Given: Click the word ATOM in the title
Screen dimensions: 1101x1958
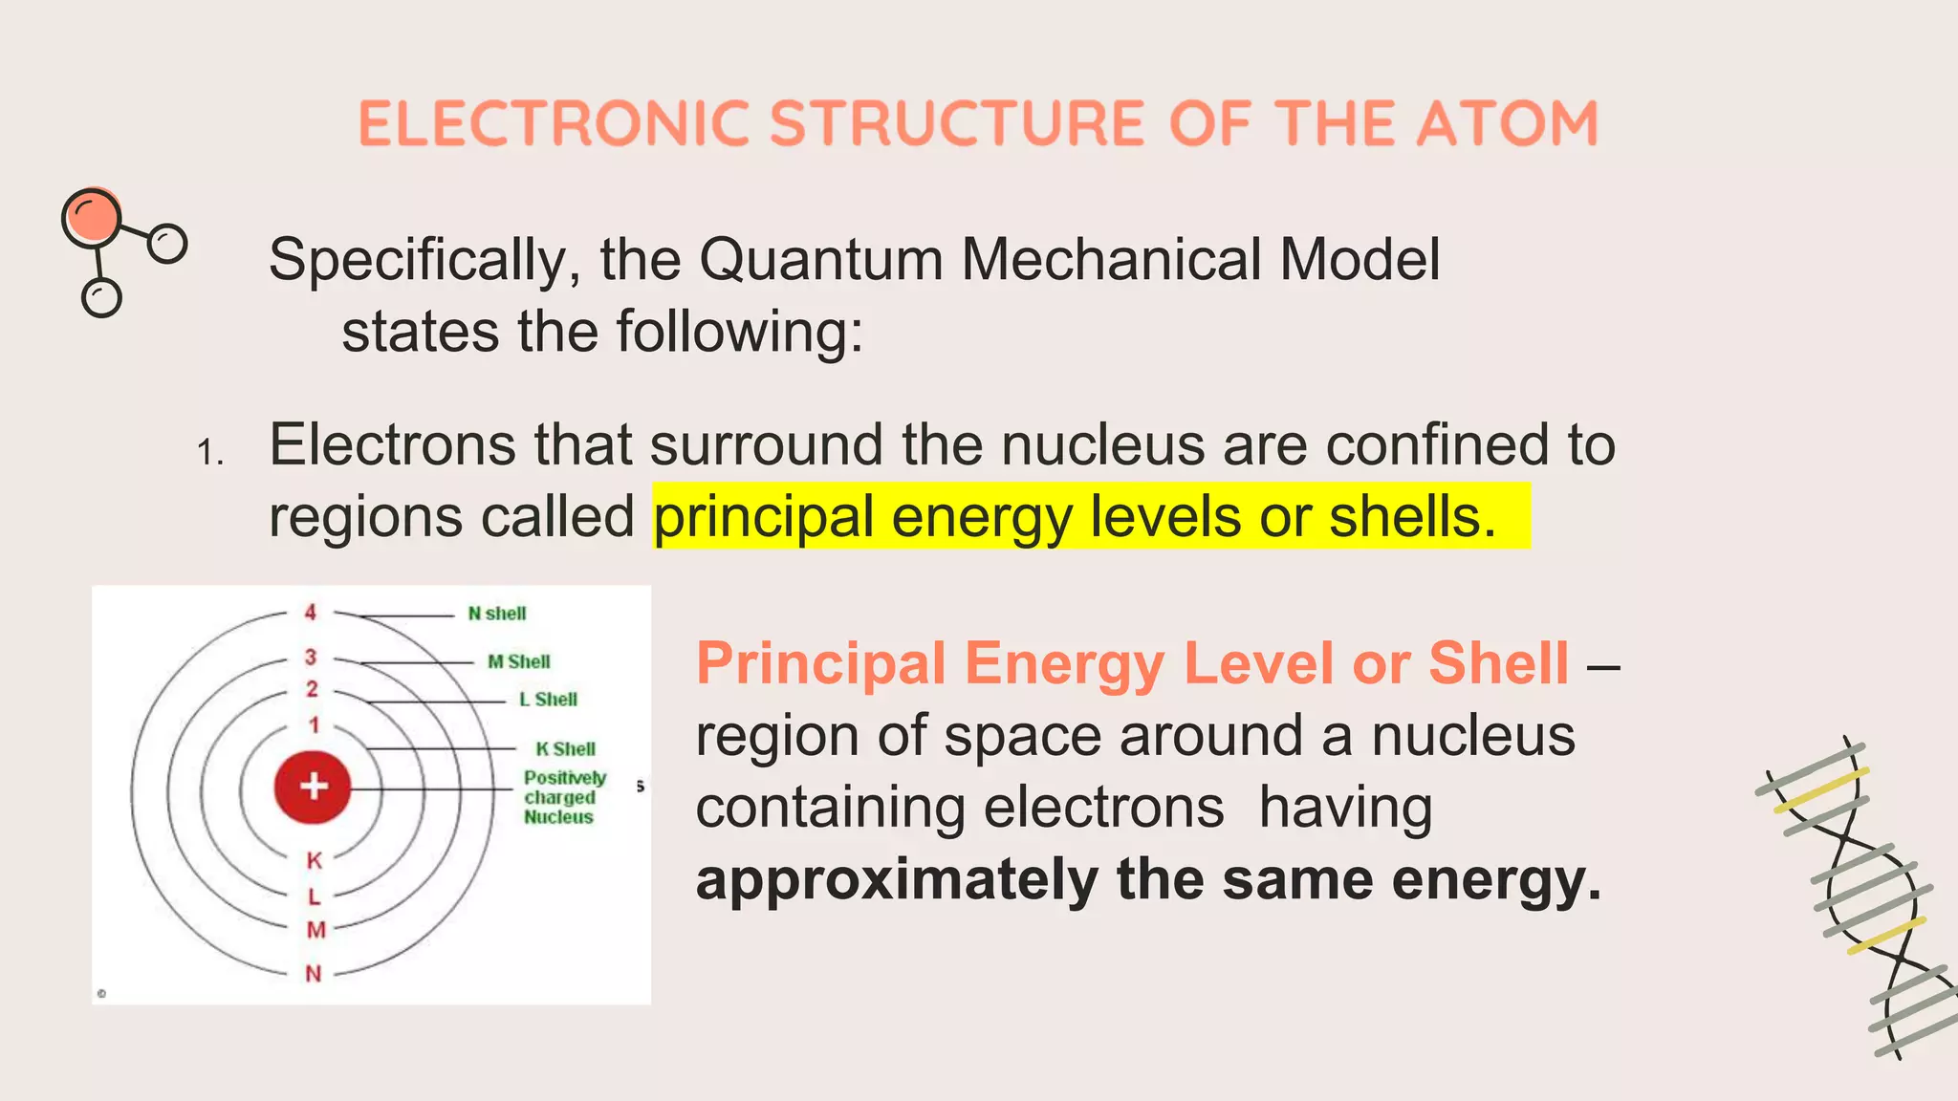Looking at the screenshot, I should [1507, 124].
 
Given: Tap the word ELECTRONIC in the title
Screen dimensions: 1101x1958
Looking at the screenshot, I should [554, 124].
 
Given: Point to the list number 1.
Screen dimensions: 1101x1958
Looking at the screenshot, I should [209, 452].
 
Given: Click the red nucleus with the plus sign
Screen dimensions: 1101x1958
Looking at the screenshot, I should [314, 787].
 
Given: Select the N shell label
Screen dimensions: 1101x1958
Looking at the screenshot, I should [497, 614].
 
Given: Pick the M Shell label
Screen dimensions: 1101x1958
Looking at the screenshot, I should [519, 661].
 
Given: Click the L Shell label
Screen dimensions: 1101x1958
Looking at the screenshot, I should [548, 700].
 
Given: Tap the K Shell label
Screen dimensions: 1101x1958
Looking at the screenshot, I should [565, 749].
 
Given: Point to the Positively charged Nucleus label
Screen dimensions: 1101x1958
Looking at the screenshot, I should [564, 797].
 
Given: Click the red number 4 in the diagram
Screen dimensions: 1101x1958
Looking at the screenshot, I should [311, 612].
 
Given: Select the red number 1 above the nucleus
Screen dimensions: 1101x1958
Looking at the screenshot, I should [314, 725].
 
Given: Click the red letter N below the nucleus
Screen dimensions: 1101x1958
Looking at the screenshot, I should [314, 974].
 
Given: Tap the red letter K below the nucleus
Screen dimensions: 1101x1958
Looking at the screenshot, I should [315, 860].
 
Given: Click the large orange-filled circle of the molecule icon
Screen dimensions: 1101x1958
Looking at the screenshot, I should [92, 217].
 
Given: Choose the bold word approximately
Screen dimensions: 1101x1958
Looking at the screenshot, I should [897, 879].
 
